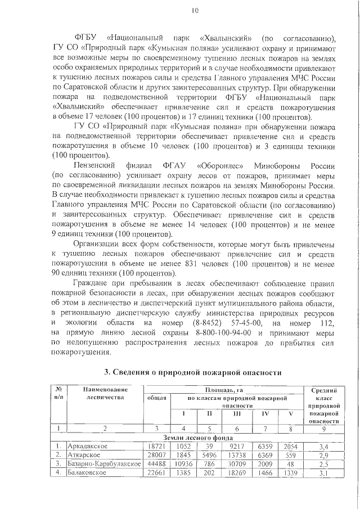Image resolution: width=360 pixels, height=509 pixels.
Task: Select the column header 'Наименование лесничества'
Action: point(105,393)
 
